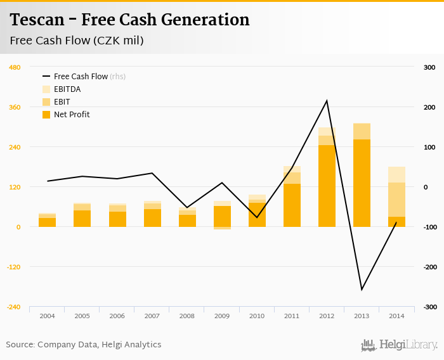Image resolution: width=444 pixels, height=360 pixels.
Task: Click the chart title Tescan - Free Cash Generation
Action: (x=129, y=20)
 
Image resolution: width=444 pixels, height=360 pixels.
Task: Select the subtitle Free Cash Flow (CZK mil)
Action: (x=77, y=41)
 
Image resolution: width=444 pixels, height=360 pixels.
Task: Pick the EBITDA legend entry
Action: (x=67, y=89)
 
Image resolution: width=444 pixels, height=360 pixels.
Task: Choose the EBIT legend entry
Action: (x=62, y=102)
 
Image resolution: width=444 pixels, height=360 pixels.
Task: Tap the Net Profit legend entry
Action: (x=72, y=115)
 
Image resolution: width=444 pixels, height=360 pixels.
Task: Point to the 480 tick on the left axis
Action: (x=15, y=67)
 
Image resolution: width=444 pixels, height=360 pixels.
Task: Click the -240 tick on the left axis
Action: (x=13, y=307)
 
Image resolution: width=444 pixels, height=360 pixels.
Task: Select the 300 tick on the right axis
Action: (x=429, y=67)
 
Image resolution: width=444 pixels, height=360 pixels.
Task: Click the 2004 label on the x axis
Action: (x=47, y=316)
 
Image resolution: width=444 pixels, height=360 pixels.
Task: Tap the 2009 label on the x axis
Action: (x=222, y=316)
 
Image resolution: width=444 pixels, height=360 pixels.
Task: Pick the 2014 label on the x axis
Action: (x=396, y=316)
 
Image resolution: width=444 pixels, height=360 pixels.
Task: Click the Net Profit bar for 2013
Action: (x=362, y=183)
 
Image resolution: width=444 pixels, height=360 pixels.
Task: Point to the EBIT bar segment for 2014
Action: (x=396, y=200)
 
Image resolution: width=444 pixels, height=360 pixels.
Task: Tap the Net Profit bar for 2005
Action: (x=82, y=219)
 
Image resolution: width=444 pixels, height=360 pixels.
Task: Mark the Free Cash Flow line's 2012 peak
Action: (x=327, y=101)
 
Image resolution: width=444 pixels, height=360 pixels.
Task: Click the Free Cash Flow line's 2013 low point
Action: (x=362, y=290)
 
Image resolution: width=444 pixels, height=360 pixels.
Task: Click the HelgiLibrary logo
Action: (x=400, y=345)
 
